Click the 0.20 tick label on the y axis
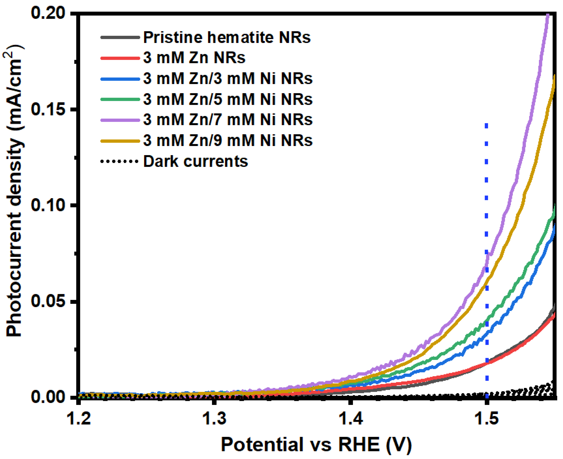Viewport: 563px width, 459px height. [48, 13]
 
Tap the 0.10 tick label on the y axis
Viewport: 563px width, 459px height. [48, 205]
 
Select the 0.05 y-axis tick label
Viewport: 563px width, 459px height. [48, 301]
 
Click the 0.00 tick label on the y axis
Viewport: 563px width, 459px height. [48, 397]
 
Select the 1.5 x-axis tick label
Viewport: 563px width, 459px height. [487, 419]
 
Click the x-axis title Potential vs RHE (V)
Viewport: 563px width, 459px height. [316, 444]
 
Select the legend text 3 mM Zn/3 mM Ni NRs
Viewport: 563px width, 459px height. [228, 79]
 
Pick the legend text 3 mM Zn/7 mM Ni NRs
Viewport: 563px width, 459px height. [228, 120]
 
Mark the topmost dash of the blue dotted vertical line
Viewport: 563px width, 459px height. [486, 126]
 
